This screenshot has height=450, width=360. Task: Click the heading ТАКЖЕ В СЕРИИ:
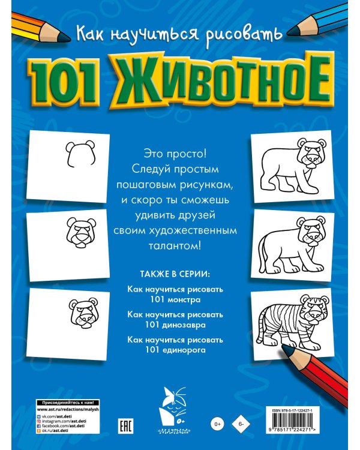pos(175,275)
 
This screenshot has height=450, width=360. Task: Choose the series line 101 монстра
pos(175,298)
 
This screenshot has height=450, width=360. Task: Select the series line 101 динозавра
pos(175,325)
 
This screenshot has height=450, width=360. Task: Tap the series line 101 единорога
pos(175,350)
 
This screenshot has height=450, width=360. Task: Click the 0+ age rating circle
pos(217,425)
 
